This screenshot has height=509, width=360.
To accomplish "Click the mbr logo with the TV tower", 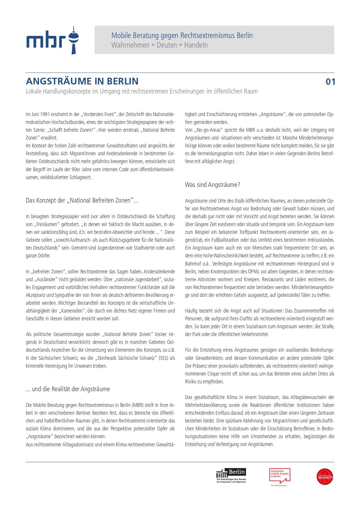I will pos(53,40).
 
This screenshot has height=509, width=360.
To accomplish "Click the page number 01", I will pos(330,82).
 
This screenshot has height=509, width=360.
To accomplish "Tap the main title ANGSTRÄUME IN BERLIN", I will pos(82,81).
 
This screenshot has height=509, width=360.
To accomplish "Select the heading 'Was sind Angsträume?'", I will pos(212,185).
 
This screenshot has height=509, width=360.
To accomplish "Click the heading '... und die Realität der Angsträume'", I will pos(68,389).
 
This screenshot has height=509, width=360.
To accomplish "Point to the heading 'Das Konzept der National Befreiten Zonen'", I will pos(82,201).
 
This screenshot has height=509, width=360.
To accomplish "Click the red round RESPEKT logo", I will pos(325,476).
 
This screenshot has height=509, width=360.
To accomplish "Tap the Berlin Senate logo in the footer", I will pos(231,476).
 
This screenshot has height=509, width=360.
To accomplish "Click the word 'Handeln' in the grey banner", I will pos(196,45).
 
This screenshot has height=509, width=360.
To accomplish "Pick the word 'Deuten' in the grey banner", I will pos(167,45).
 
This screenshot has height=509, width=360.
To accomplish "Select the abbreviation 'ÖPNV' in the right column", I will pos(254,272).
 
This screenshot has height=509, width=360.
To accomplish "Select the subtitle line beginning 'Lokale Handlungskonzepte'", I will pos(142,91).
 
